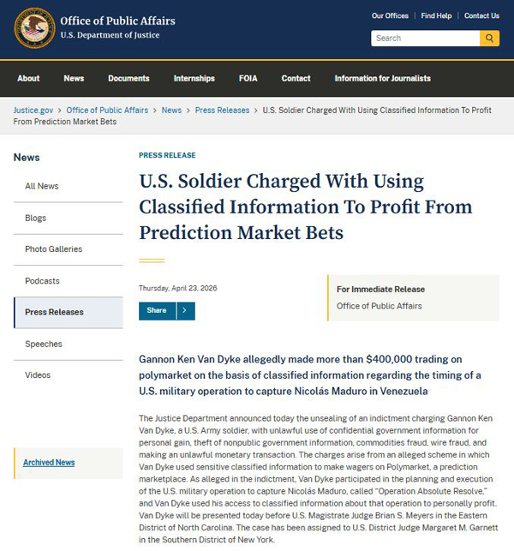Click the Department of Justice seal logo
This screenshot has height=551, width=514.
pos(34,27)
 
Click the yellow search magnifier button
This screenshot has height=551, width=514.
pos(489,39)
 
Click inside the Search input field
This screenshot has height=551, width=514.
pos(423,39)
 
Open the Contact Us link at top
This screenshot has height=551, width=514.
pos(481,15)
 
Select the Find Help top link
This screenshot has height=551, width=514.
pos(436,15)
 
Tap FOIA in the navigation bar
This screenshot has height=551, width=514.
pos(248,78)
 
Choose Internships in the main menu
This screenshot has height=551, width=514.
pos(194,78)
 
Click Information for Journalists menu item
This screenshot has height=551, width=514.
pos(382,78)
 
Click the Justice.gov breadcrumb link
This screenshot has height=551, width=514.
pos(33,110)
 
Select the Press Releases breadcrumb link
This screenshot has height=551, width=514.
pos(222,110)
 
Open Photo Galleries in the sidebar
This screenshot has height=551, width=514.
pos(53,249)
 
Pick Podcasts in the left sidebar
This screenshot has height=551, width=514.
pos(42,281)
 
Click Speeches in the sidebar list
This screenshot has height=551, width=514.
pos(43,344)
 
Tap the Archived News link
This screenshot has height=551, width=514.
pos(49,463)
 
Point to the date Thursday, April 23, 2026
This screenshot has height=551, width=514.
pos(177,288)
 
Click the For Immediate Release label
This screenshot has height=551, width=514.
pos(380,290)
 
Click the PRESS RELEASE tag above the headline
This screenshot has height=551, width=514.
pos(167,155)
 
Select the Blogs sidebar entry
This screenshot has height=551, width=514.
pos(35,218)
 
